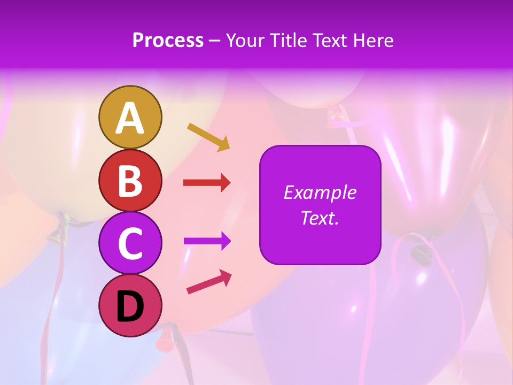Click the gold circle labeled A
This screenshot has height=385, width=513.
tap(130, 117)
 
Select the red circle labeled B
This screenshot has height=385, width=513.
tap(130, 180)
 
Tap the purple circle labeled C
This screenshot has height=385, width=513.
tap(130, 243)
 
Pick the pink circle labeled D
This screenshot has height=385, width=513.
tap(130, 305)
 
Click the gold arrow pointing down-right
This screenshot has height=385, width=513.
tap(208, 137)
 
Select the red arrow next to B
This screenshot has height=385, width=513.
tap(207, 183)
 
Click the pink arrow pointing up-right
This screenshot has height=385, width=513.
tap(209, 282)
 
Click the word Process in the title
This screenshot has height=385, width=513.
tap(168, 41)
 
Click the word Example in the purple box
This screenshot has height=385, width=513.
tap(320, 192)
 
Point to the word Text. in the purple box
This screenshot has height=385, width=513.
tap(320, 218)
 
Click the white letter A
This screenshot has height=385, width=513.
tap(130, 118)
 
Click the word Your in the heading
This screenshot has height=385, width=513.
tap(244, 41)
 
